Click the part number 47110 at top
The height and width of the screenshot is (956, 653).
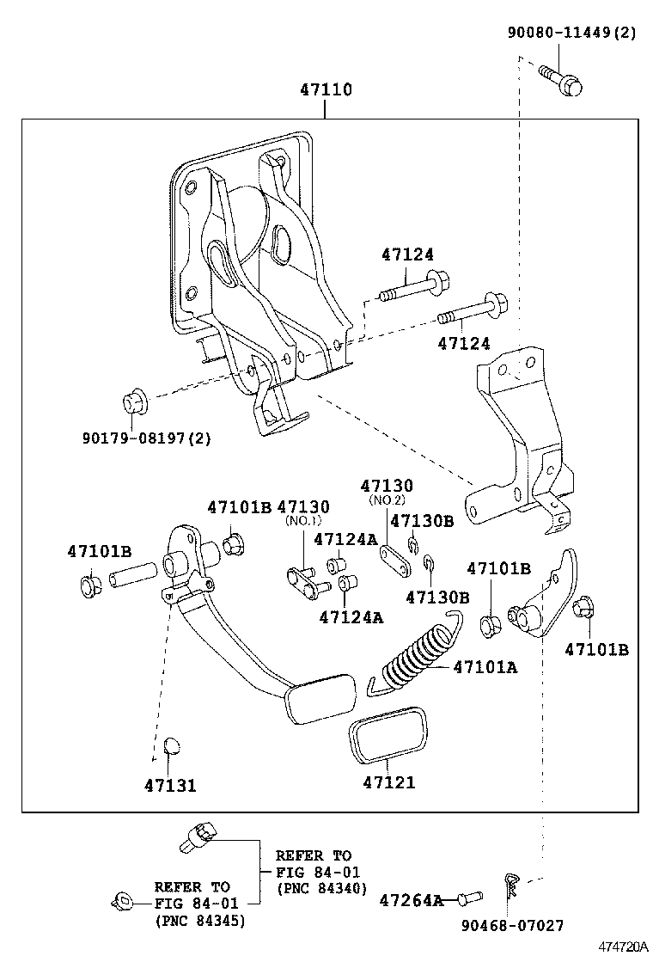click(x=326, y=89)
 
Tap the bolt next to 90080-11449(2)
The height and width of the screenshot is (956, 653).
click(x=559, y=79)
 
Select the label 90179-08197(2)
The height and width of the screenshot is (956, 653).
click(x=147, y=438)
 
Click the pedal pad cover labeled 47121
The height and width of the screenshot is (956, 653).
click(x=388, y=734)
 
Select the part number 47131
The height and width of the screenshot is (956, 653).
click(x=170, y=785)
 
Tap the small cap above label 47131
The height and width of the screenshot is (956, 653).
click(x=170, y=744)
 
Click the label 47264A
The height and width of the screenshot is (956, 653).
click(x=412, y=900)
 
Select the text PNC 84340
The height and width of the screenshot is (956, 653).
click(x=321, y=888)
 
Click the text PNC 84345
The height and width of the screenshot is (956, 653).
click(x=200, y=921)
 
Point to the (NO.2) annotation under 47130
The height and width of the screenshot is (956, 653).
click(x=387, y=500)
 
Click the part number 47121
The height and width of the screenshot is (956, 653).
click(x=388, y=782)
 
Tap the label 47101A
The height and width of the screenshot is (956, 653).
click(x=485, y=666)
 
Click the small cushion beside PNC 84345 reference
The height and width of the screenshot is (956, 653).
click(x=122, y=902)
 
